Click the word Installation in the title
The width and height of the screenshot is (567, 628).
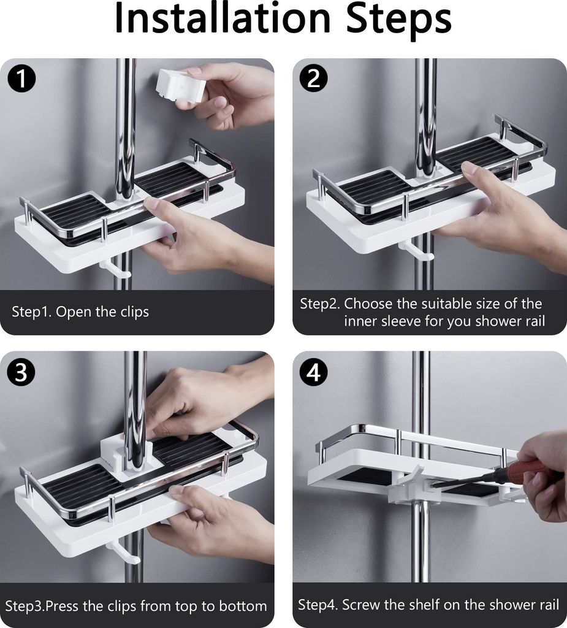coord(223,18)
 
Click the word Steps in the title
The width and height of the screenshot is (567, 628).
coord(399,20)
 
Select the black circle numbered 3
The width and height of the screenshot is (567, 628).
coord(21,372)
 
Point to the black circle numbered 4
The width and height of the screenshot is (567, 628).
coord(313,372)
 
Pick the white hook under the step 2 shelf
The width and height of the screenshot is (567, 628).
coord(419,251)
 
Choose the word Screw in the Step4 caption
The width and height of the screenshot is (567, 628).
coord(360,604)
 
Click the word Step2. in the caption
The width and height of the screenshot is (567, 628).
coord(320,304)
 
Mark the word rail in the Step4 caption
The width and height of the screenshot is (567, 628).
coord(549,604)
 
